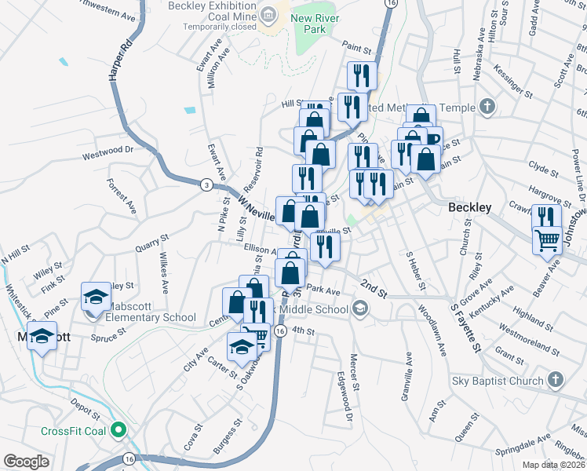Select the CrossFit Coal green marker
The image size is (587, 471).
pyautogui.click(x=118, y=429)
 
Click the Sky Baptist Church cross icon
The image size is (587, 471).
pyautogui.click(x=555, y=382)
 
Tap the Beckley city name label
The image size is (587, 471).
pyautogui.click(x=469, y=208)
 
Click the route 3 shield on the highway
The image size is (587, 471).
pyautogui.click(x=206, y=184)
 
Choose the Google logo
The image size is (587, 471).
pyautogui.click(x=26, y=462)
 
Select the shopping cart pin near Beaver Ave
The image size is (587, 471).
pyautogui.click(x=547, y=239)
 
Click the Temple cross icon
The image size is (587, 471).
pyautogui.click(x=487, y=106)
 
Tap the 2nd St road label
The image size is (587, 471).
pyautogui.click(x=374, y=287)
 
